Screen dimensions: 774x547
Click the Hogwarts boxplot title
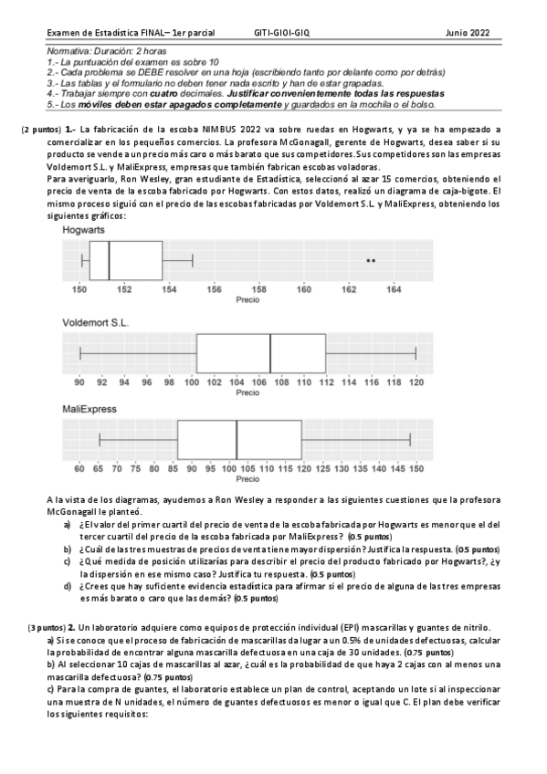[x=83, y=231]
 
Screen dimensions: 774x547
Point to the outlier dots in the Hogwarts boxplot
[x=371, y=261]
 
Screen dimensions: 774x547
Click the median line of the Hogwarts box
[x=110, y=261]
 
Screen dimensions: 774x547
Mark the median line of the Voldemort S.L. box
[x=270, y=353]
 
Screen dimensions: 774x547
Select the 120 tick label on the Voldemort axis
[x=416, y=382]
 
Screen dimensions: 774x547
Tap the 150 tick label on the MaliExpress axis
[x=416, y=469]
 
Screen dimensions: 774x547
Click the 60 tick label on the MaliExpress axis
[x=80, y=469]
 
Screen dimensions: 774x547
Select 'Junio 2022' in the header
[x=468, y=32]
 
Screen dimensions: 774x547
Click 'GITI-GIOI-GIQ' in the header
[x=283, y=32]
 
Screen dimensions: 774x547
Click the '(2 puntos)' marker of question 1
[x=41, y=130]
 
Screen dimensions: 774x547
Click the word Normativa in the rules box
[x=69, y=51]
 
